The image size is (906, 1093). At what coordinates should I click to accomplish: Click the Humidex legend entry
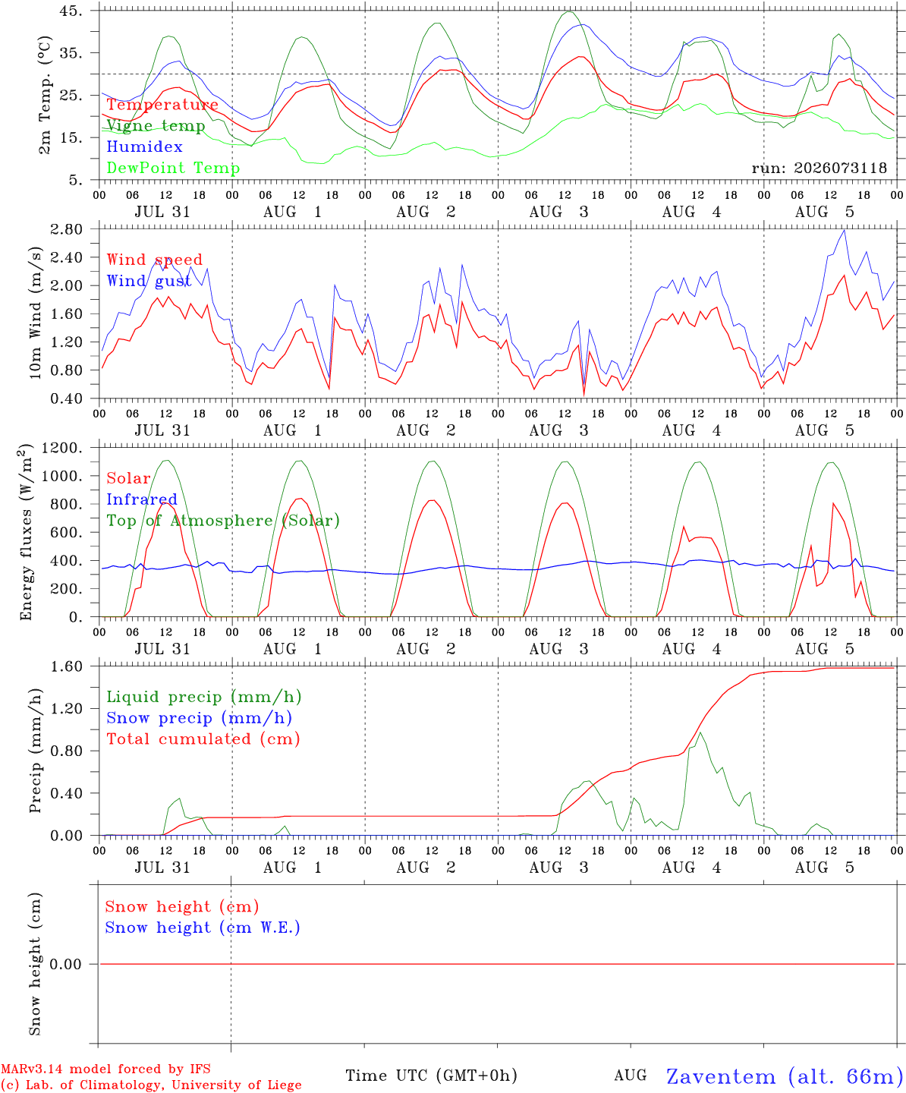pyautogui.click(x=144, y=146)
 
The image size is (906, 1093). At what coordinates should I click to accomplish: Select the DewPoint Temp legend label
pyautogui.click(x=173, y=168)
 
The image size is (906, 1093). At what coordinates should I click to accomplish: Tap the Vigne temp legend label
pyautogui.click(x=156, y=126)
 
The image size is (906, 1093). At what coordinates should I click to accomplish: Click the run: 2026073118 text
pyautogui.click(x=819, y=168)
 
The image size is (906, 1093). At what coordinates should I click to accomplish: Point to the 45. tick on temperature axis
pyautogui.click(x=71, y=11)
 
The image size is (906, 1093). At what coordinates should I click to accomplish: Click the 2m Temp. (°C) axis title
pyautogui.click(x=45, y=95)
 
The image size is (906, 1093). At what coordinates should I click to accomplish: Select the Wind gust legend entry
pyautogui.click(x=149, y=281)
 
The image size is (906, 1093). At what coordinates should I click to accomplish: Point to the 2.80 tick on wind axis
pyautogui.click(x=67, y=229)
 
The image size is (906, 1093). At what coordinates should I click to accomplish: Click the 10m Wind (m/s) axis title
pyautogui.click(x=35, y=312)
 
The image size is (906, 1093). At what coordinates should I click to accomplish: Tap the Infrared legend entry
pyautogui.click(x=142, y=499)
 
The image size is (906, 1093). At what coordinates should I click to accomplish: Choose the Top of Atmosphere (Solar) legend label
pyautogui.click(x=224, y=521)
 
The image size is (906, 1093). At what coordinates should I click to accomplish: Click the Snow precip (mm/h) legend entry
pyautogui.click(x=200, y=718)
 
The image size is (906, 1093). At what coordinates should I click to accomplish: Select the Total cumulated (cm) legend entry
pyautogui.click(x=203, y=739)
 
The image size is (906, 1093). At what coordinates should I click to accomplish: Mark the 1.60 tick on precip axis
pyautogui.click(x=67, y=666)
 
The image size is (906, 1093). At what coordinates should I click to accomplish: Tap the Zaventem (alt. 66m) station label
pyautogui.click(x=780, y=1076)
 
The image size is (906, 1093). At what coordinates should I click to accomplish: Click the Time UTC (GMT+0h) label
pyautogui.click(x=432, y=1076)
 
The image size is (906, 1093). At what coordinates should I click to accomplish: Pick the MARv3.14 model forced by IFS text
pyautogui.click(x=105, y=1069)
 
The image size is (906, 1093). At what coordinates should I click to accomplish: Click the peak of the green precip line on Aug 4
pyautogui.click(x=700, y=732)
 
